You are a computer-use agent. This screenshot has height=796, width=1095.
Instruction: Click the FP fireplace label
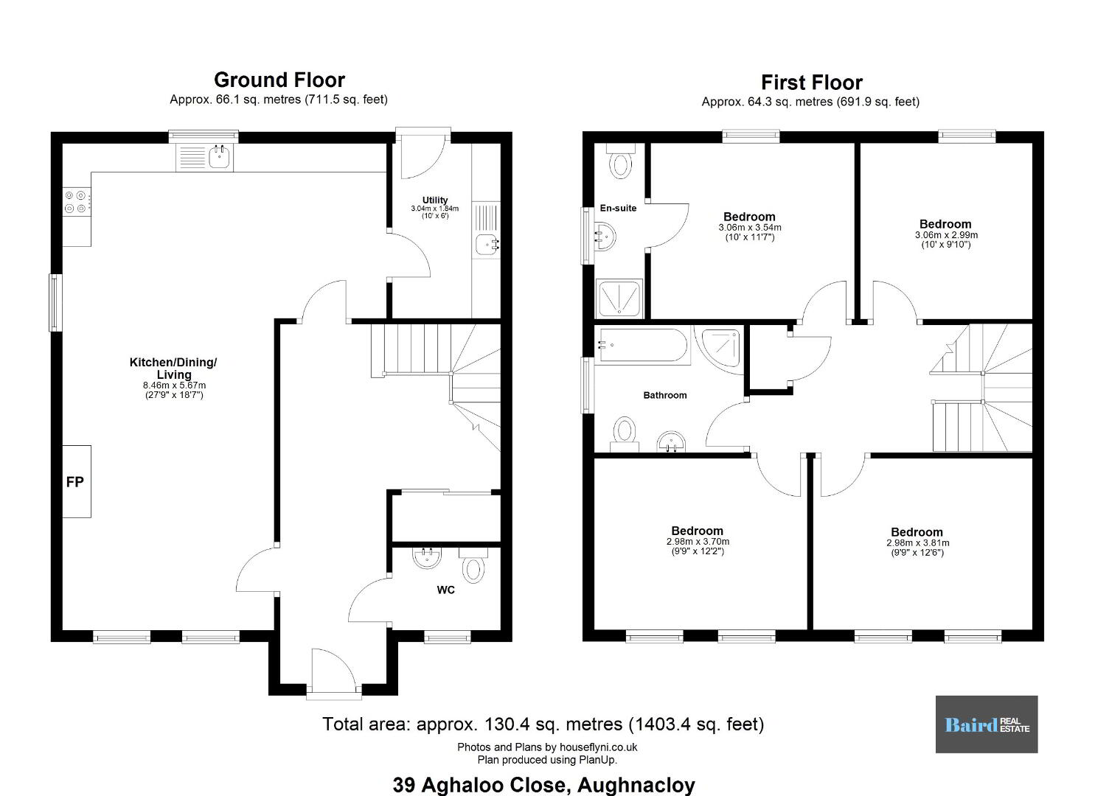tap(74, 482)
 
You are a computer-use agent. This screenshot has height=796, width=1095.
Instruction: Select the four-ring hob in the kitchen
tap(76, 202)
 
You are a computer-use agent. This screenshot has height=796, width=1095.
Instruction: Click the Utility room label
tap(434, 200)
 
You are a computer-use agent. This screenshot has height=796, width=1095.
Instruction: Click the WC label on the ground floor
tap(445, 590)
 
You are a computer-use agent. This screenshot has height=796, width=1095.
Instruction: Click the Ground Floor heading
tap(279, 80)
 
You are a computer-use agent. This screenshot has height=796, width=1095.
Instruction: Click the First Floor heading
tap(811, 82)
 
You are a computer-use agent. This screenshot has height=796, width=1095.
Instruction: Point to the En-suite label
tap(618, 208)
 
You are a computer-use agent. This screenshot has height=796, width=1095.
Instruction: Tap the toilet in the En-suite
tap(621, 161)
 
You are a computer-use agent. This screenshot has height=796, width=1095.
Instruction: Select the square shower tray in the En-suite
tap(619, 298)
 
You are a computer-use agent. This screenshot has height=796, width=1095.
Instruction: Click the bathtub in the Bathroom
tap(642, 346)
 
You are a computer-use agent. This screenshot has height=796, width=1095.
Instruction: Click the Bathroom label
tap(665, 395)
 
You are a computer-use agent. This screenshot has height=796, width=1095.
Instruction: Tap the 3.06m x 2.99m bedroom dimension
tap(946, 235)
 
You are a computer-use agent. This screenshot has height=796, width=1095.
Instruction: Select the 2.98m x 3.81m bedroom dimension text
tap(917, 543)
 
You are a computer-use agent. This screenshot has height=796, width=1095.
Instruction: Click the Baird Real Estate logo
tap(987, 725)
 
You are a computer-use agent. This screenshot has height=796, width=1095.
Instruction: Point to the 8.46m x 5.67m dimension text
tap(174, 385)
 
